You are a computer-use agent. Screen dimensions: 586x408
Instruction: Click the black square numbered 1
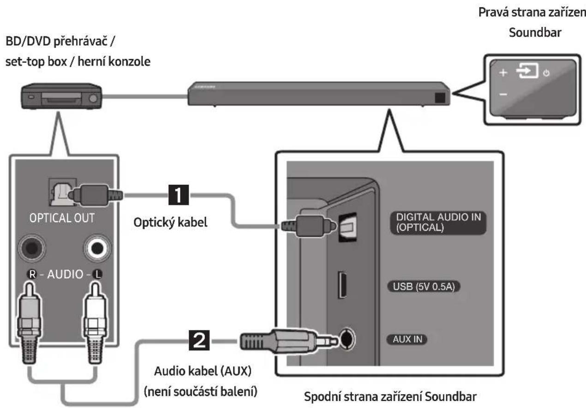click(179, 195)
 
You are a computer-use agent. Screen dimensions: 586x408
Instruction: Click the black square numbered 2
click(199, 340)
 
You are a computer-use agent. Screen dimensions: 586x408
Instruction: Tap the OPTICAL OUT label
click(62, 218)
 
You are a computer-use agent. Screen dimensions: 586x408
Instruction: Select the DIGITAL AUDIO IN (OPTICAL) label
click(438, 222)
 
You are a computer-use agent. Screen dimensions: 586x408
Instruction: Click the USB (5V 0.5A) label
click(424, 287)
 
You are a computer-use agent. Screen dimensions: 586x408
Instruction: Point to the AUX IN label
click(407, 339)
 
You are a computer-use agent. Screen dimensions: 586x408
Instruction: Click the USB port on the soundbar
click(342, 285)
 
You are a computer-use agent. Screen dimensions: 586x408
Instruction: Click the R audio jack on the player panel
click(32, 248)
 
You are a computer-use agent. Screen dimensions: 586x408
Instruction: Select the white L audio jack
click(97, 248)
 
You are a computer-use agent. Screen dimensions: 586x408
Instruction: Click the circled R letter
click(32, 274)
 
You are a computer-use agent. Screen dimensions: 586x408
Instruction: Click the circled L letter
click(97, 274)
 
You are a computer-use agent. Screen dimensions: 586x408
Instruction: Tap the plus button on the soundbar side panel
click(503, 73)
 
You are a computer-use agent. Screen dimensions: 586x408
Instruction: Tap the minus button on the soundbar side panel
click(503, 94)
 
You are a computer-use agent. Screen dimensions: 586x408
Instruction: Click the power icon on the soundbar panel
click(546, 73)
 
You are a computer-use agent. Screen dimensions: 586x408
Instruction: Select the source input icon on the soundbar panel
click(527, 71)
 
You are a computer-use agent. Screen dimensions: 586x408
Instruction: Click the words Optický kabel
click(170, 222)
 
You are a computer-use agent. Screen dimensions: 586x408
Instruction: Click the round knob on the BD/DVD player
click(93, 98)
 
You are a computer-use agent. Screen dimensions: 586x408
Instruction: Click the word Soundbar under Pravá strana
click(535, 33)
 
